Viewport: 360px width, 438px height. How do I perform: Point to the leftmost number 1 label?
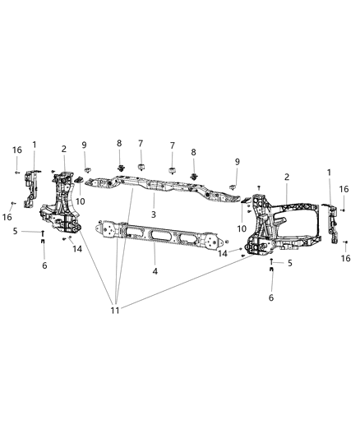(x=35, y=145)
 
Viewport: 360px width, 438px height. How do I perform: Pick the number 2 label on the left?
(x=64, y=149)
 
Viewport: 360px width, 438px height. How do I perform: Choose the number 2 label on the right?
(x=286, y=177)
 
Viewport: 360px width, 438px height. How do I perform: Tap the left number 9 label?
(x=84, y=145)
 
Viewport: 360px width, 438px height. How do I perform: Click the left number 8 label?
(x=120, y=143)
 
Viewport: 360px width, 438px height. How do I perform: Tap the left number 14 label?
(x=78, y=248)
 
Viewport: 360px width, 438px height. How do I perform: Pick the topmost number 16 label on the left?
(x=17, y=150)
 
